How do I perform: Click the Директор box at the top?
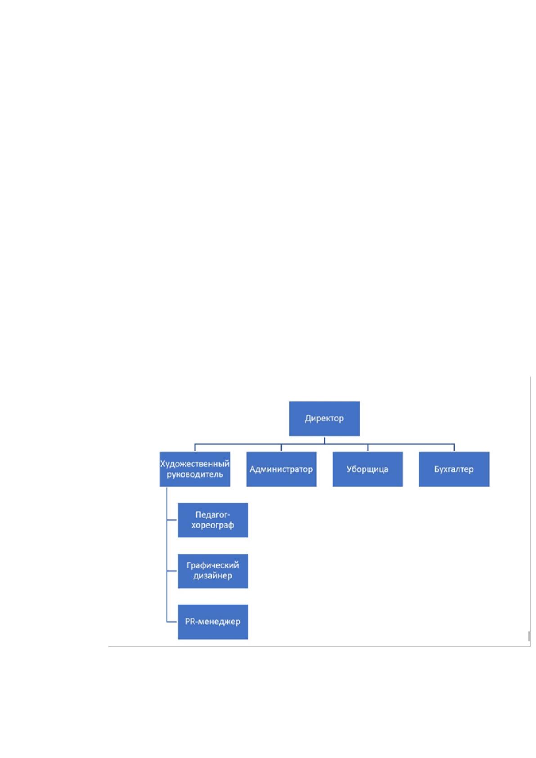(x=324, y=418)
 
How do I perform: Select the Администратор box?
(x=281, y=469)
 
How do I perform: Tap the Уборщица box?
(x=368, y=469)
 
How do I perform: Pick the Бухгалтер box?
(x=454, y=469)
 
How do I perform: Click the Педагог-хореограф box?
(x=213, y=520)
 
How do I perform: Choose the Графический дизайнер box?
(x=213, y=571)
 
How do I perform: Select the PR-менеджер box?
(x=213, y=622)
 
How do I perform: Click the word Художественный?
(x=195, y=464)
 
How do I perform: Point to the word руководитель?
(x=195, y=474)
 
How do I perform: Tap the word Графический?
(x=213, y=565)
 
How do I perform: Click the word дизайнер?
(x=213, y=576)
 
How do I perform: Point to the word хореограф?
(x=213, y=525)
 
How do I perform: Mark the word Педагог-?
(x=213, y=514)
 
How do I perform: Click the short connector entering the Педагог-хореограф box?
(x=172, y=520)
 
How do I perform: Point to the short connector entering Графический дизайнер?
(x=172, y=571)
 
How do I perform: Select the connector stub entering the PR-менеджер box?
(x=172, y=621)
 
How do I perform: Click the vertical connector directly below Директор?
(x=324, y=440)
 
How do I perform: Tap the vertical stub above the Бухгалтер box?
(x=454, y=448)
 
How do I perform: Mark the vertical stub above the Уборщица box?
(x=368, y=448)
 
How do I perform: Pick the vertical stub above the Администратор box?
(x=281, y=448)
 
